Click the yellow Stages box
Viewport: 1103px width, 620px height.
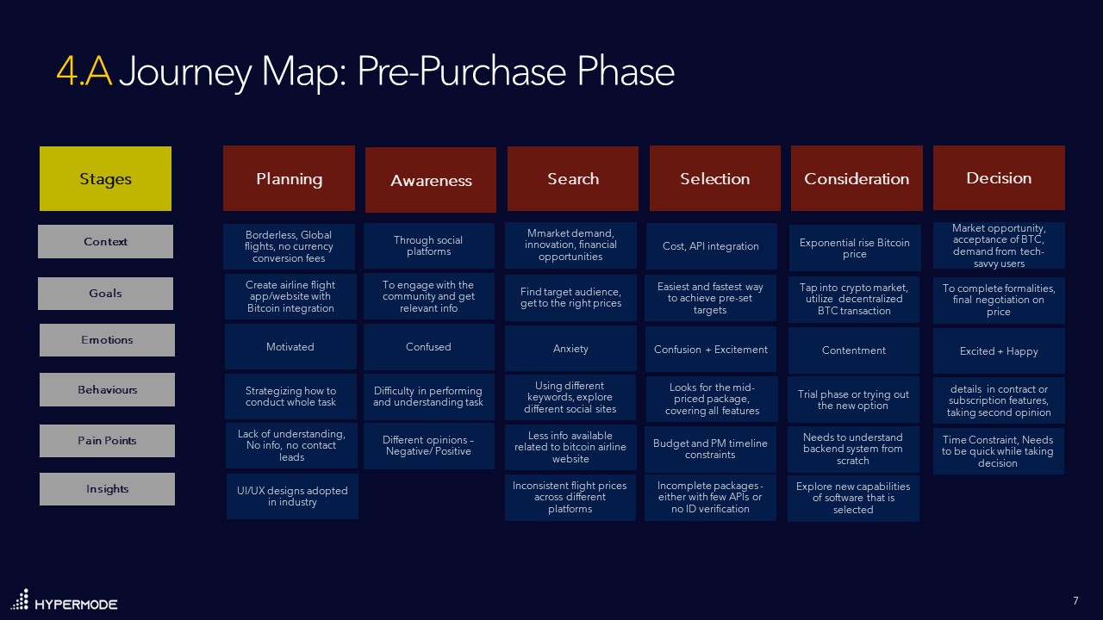tap(105, 178)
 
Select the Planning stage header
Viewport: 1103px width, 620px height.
tap(289, 178)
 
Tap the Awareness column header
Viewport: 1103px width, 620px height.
tap(431, 180)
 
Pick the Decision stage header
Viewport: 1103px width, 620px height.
tap(999, 177)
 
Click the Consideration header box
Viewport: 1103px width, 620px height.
tap(857, 178)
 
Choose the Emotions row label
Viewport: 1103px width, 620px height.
tap(107, 340)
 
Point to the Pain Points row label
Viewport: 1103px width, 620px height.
tap(107, 441)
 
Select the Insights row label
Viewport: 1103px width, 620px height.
tap(107, 489)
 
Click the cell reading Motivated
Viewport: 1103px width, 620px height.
tap(290, 347)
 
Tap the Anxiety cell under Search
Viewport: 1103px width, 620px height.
tap(570, 349)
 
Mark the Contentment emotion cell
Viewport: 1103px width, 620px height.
tap(854, 350)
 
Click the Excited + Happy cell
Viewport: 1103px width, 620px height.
tap(999, 351)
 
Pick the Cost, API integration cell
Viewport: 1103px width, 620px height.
tap(712, 246)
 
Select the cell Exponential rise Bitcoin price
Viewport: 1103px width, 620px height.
tap(855, 248)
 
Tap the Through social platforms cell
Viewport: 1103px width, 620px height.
tap(429, 246)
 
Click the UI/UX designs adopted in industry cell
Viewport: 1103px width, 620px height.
tap(292, 497)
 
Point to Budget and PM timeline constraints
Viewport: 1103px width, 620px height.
tap(711, 449)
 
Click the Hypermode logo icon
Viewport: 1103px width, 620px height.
tap(20, 600)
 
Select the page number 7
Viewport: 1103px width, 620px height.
tap(1076, 600)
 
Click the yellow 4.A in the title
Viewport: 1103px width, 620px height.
tap(84, 71)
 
